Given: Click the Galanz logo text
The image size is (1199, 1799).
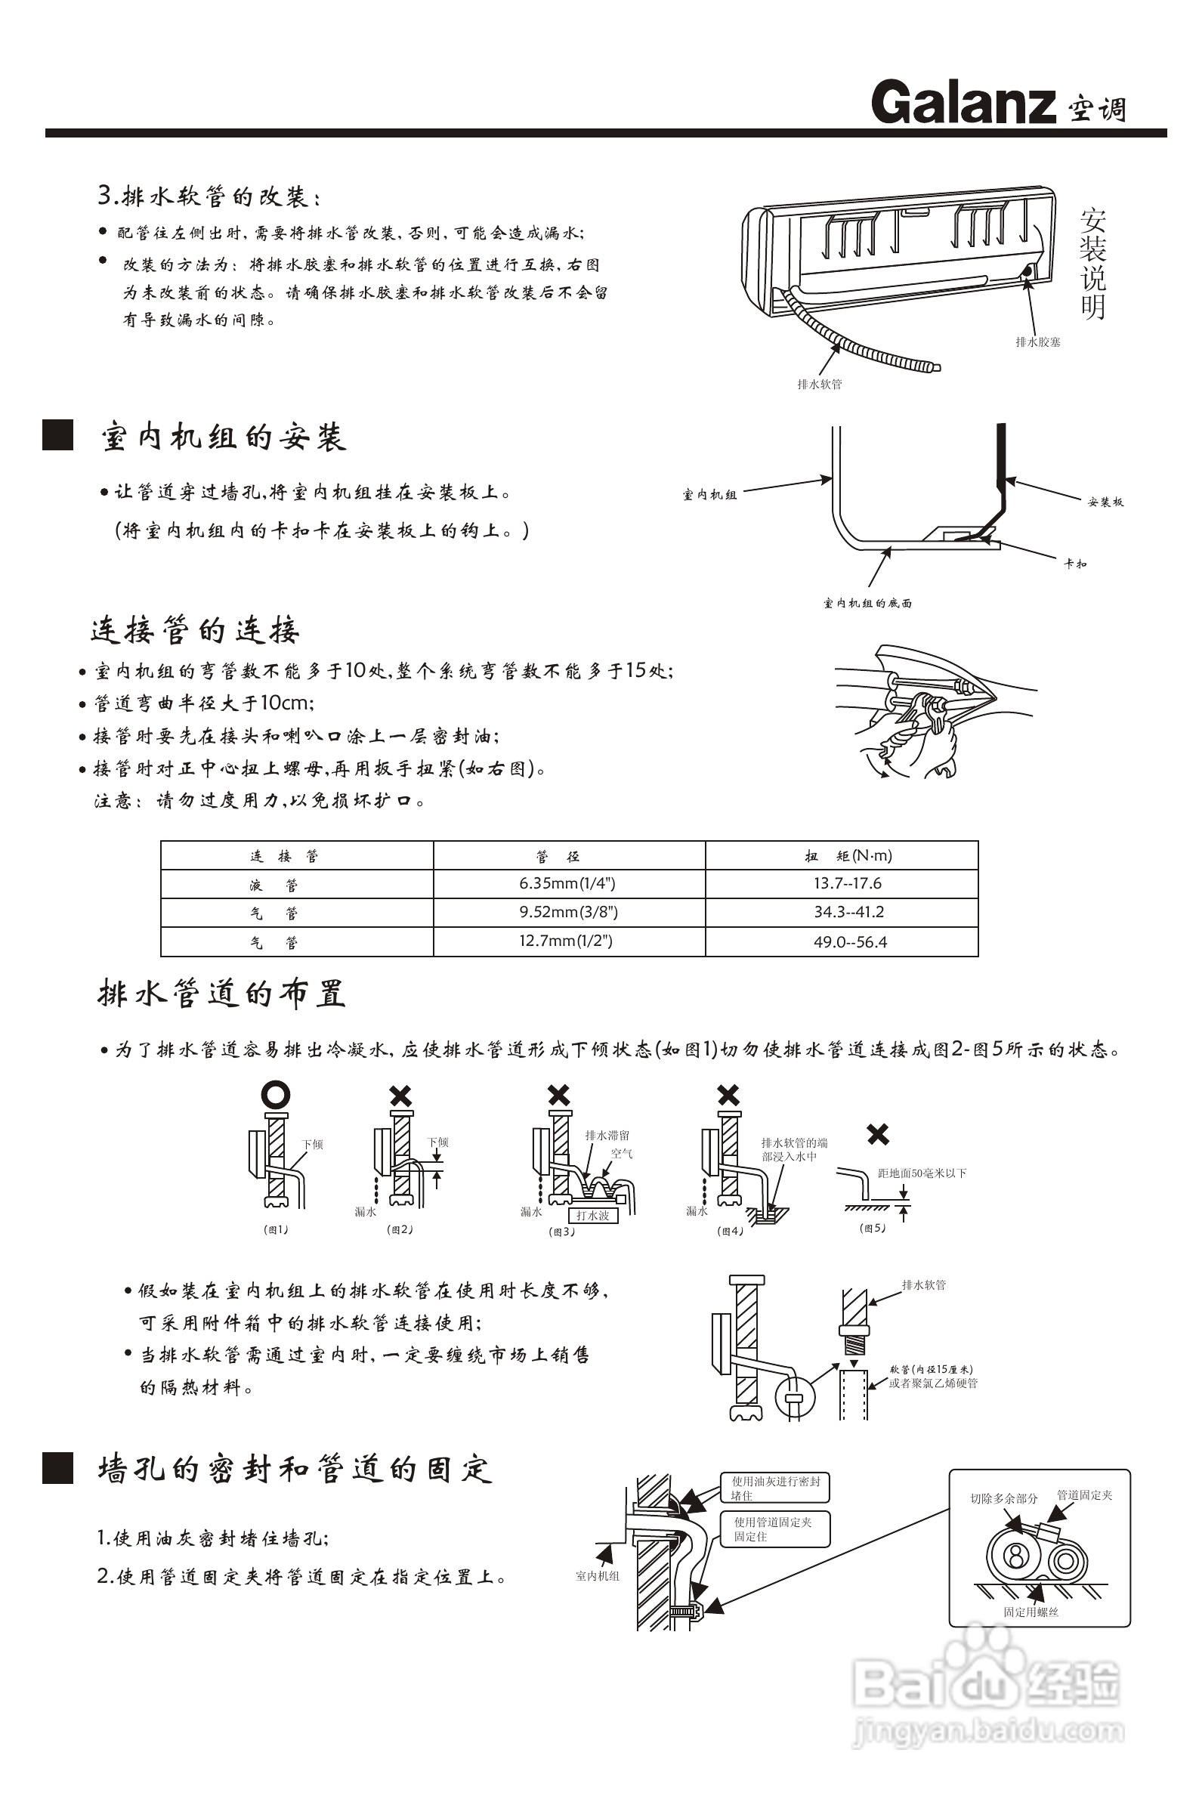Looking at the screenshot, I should pyautogui.click(x=963, y=104).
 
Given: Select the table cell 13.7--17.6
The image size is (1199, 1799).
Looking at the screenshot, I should pyautogui.click(x=847, y=884).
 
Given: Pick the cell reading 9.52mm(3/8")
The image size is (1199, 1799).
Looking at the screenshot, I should pyautogui.click(x=568, y=912).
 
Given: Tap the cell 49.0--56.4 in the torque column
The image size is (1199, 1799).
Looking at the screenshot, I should pyautogui.click(x=849, y=942).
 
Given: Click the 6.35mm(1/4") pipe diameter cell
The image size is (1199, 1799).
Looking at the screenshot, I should pyautogui.click(x=567, y=884).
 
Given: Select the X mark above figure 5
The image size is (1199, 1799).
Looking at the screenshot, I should pyautogui.click(x=878, y=1134).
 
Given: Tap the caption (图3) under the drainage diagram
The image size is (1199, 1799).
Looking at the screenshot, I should pyautogui.click(x=562, y=1232).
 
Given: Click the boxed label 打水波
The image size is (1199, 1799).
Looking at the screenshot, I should pyautogui.click(x=592, y=1215).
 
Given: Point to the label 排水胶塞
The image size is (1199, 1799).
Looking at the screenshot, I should pyautogui.click(x=1037, y=342).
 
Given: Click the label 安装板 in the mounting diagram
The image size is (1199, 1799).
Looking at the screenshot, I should pyautogui.click(x=1106, y=502).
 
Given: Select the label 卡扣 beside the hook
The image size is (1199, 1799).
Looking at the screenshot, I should pyautogui.click(x=1075, y=564).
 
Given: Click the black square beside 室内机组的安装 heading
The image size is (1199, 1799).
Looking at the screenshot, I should pyautogui.click(x=57, y=434).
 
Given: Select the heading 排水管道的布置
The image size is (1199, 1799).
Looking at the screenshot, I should pyautogui.click(x=222, y=994).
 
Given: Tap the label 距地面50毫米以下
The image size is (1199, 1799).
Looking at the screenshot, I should pyautogui.click(x=922, y=1173).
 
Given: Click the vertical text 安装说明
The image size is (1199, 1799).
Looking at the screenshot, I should pyautogui.click(x=1092, y=264).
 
